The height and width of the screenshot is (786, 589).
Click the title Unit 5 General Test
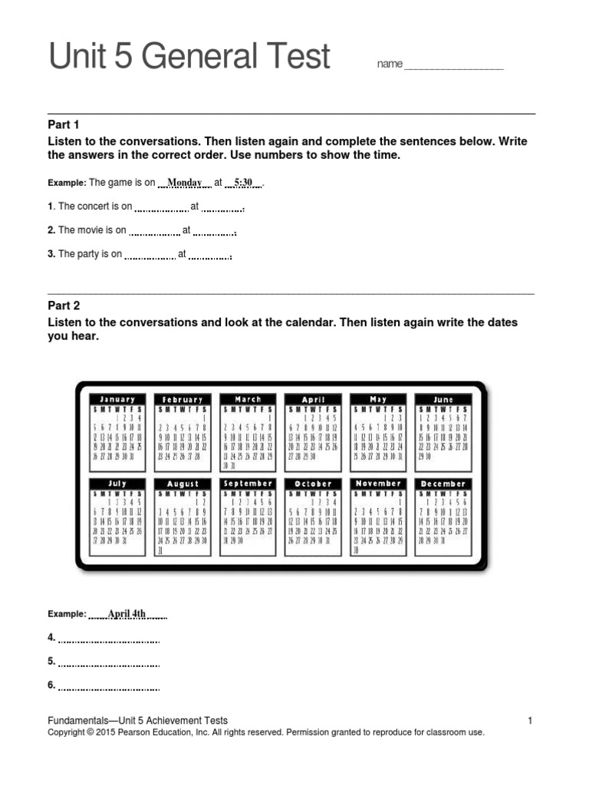(x=189, y=58)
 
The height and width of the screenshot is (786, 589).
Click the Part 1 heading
(x=64, y=124)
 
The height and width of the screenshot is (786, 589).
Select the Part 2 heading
(x=64, y=305)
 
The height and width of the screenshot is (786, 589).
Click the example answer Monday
(x=184, y=183)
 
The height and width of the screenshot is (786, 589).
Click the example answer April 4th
(x=127, y=614)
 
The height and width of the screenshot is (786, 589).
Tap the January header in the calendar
(x=117, y=399)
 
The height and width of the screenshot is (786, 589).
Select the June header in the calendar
(x=443, y=399)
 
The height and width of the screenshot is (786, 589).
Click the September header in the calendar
(x=248, y=484)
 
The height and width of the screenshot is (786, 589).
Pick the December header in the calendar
(x=443, y=484)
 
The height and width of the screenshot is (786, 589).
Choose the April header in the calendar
(x=313, y=399)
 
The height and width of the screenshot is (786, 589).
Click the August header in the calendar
(x=183, y=484)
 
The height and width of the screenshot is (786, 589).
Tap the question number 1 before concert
(x=50, y=206)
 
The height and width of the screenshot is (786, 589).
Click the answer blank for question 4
(x=109, y=639)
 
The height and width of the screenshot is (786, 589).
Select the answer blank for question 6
(x=109, y=687)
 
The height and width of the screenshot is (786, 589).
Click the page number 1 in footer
(x=529, y=720)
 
